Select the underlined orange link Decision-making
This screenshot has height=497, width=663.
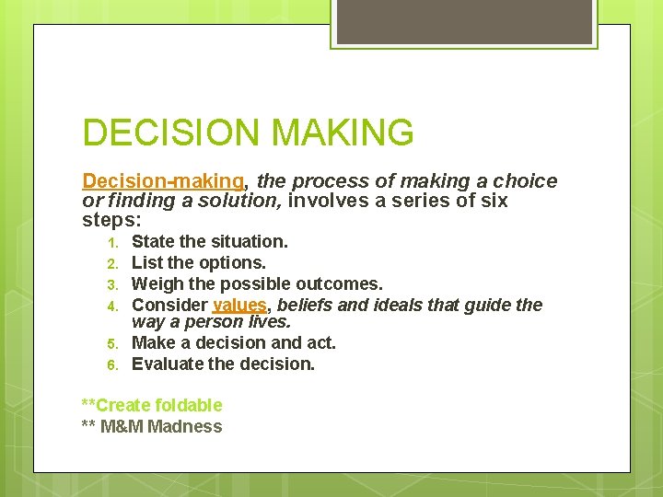pos(163,181)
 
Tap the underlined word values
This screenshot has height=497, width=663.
pos(239,305)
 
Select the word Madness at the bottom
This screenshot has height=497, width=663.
pos(185,426)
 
